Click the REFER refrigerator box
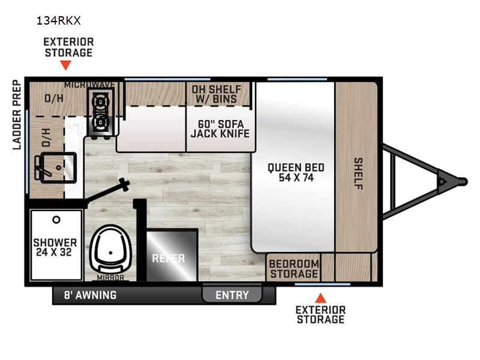[x=169, y=258]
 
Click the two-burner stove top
[x=100, y=113]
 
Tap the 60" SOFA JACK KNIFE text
[x=220, y=129]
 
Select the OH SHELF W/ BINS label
[x=215, y=94]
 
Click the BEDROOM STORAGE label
[x=293, y=269]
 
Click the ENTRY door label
[x=232, y=295]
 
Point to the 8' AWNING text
[x=90, y=295]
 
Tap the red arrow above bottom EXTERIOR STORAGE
[x=321, y=297]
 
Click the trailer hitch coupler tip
[x=463, y=179]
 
